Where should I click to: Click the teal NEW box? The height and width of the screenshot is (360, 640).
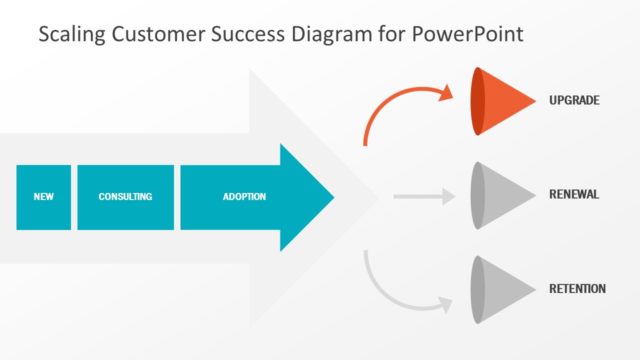point(43,197)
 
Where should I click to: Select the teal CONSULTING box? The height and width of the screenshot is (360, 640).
point(125,197)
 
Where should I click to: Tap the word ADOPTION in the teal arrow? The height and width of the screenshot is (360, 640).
point(244,197)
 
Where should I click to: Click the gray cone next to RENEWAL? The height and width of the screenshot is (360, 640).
point(505,194)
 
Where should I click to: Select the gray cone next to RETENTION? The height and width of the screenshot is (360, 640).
point(505,289)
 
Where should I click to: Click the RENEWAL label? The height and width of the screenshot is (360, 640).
point(574,194)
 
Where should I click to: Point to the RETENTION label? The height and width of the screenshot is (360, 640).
point(577,289)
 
